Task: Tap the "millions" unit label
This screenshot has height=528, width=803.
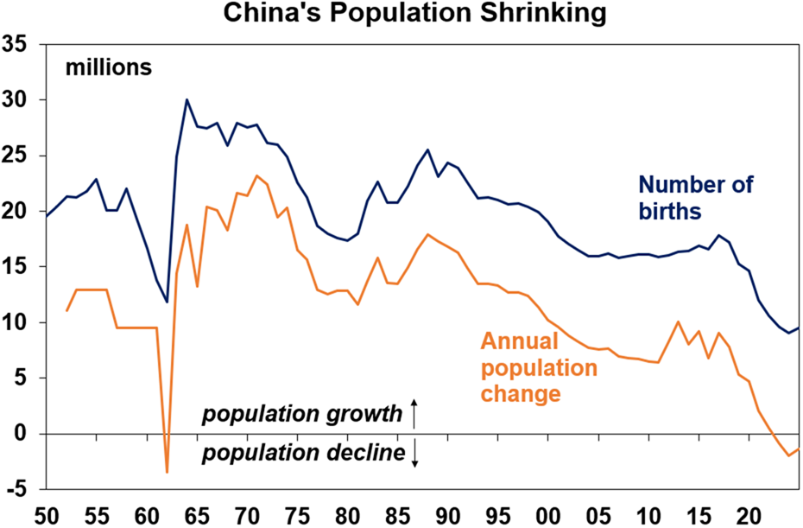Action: [x=108, y=67]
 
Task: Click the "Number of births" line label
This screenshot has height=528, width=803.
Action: [x=695, y=198]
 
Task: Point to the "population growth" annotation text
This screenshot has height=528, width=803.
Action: [x=302, y=414]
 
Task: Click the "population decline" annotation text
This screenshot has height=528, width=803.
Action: [x=304, y=453]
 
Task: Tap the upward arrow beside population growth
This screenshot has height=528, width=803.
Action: [x=414, y=413]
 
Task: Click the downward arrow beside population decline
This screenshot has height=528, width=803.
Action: [x=414, y=454]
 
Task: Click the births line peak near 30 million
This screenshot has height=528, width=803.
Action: [x=187, y=99]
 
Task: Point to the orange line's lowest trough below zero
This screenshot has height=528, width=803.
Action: [x=167, y=472]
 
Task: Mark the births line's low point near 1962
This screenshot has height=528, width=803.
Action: [x=167, y=302]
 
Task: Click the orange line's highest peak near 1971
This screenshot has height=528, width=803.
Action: [x=257, y=175]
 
